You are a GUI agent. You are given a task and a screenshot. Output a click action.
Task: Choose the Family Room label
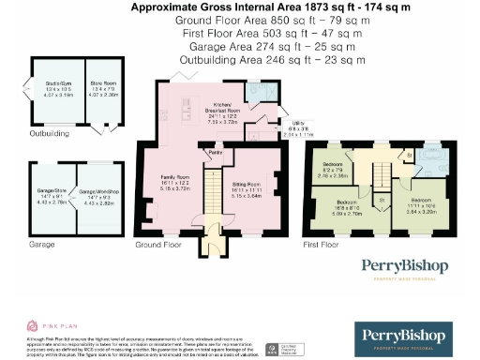172,184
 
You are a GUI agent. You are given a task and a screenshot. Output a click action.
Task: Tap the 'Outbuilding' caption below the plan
50,134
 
